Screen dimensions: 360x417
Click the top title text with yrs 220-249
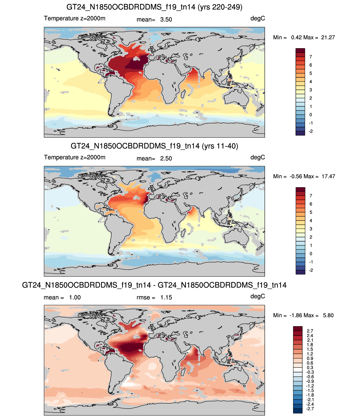point(154,7)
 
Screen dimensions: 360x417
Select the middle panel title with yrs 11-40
point(154,146)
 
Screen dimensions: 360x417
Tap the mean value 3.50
point(166,20)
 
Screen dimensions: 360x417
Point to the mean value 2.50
point(166,158)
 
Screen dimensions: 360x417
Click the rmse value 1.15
point(166,297)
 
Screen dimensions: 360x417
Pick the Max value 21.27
point(328,37)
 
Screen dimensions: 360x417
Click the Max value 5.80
point(328,315)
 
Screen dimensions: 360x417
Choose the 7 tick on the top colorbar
point(310,57)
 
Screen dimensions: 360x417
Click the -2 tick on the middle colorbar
point(311,270)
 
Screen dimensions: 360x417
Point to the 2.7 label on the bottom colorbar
point(310,331)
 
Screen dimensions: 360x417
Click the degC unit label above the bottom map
point(257,296)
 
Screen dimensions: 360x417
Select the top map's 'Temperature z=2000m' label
point(75,18)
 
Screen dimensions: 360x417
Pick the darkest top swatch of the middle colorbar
point(300,189)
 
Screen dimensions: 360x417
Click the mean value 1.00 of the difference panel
point(75,297)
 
